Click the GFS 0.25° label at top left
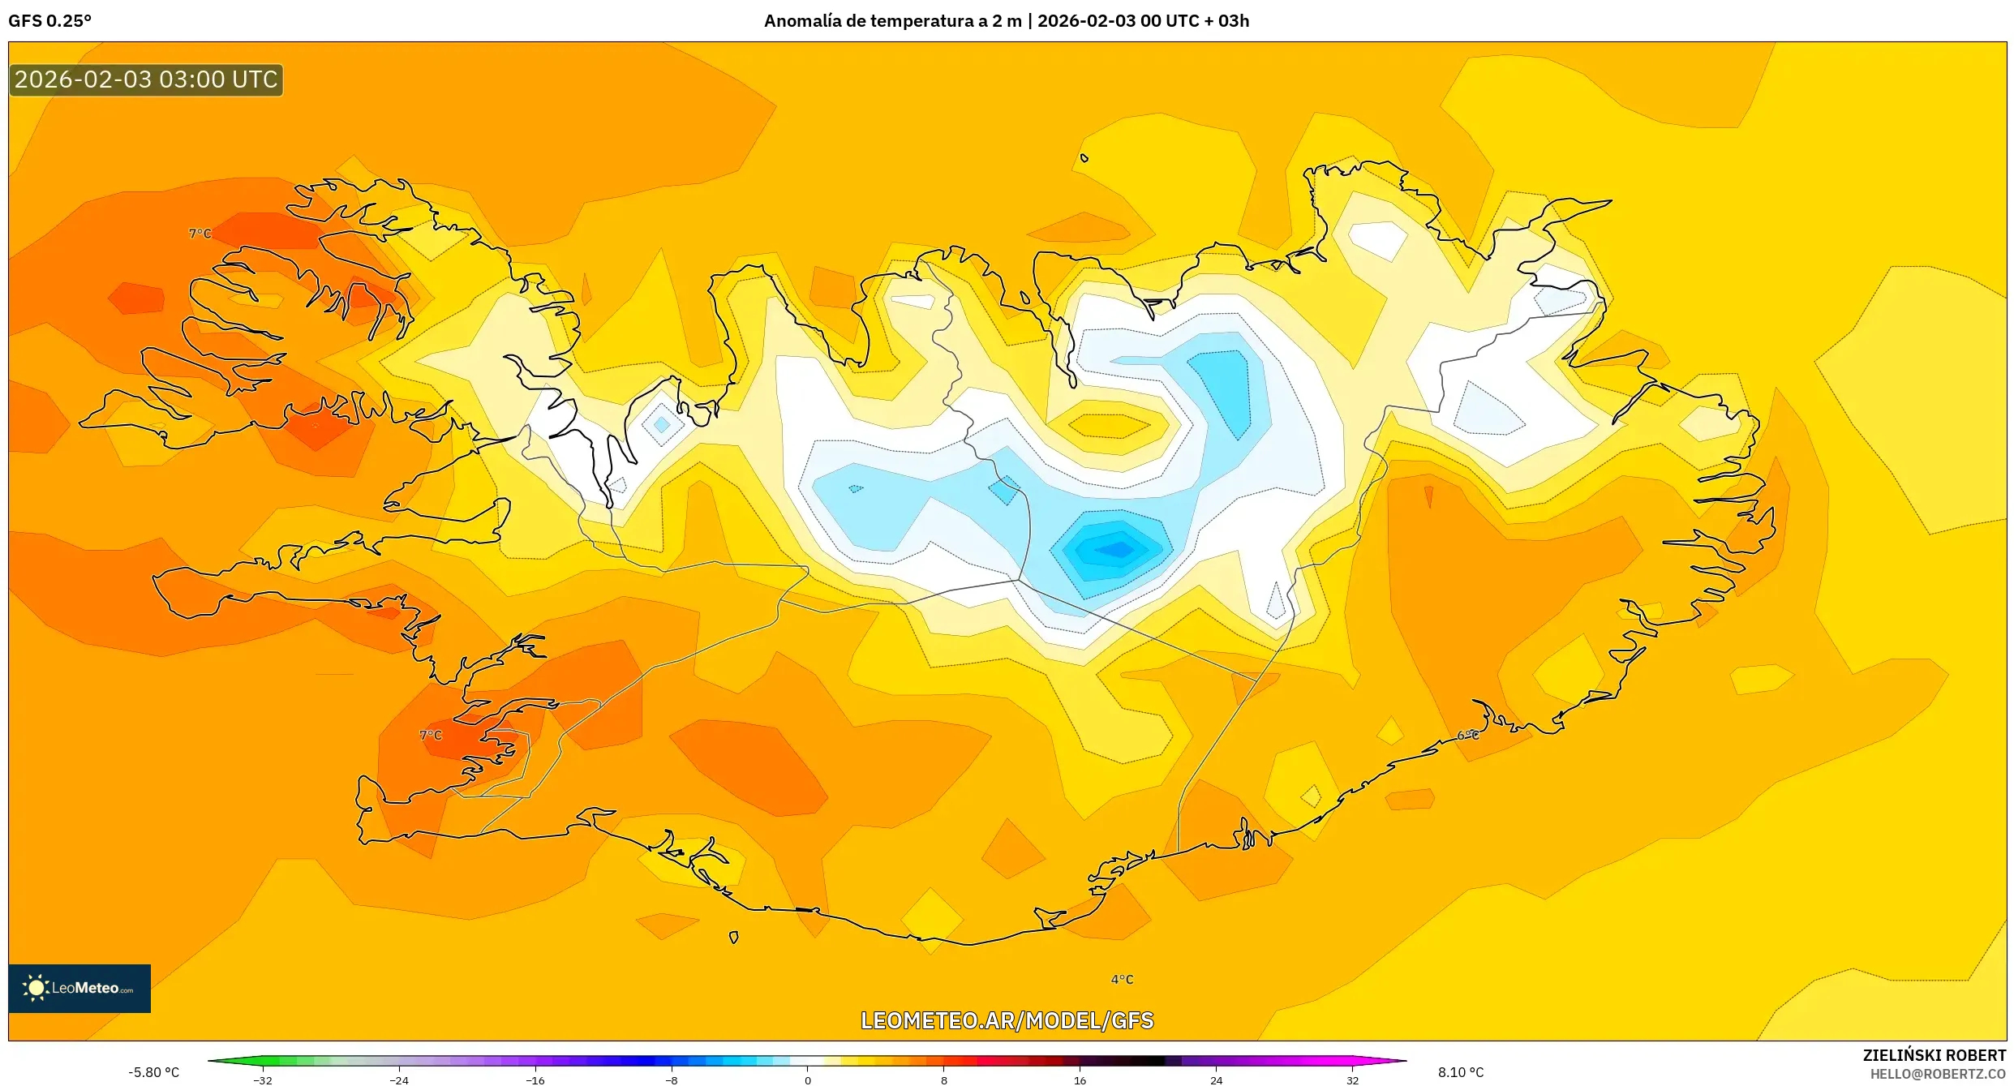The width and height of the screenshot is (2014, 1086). click(x=50, y=21)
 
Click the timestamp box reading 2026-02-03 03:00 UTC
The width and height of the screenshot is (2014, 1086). click(x=146, y=79)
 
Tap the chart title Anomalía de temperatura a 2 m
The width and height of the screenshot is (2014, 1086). click(x=892, y=21)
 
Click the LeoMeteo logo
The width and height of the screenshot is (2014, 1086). click(x=79, y=988)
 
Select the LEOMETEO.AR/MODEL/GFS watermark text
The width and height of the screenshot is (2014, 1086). click(x=1007, y=1020)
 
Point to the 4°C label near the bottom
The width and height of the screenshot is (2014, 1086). click(x=1122, y=980)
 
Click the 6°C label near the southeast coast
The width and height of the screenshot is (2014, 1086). click(x=1468, y=736)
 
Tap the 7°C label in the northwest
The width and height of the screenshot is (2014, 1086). click(x=200, y=234)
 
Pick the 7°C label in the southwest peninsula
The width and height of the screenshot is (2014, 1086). click(x=431, y=736)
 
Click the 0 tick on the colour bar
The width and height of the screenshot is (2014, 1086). click(x=807, y=1080)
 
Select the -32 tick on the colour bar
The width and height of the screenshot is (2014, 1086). click(x=263, y=1080)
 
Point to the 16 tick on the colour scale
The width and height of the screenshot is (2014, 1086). click(x=1080, y=1080)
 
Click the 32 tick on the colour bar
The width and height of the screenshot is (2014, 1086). click(x=1352, y=1080)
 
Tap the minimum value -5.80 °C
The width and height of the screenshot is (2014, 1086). click(x=153, y=1072)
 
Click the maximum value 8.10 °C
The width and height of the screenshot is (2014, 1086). click(x=1461, y=1072)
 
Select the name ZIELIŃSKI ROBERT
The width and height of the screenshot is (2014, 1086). click(x=1934, y=1055)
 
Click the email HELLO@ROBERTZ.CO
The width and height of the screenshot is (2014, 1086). click(x=1938, y=1074)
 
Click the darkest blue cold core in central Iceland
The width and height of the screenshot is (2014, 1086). click(x=1118, y=550)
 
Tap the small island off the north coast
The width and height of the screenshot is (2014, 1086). click(x=1084, y=158)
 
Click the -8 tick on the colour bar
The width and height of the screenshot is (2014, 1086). click(x=671, y=1080)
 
